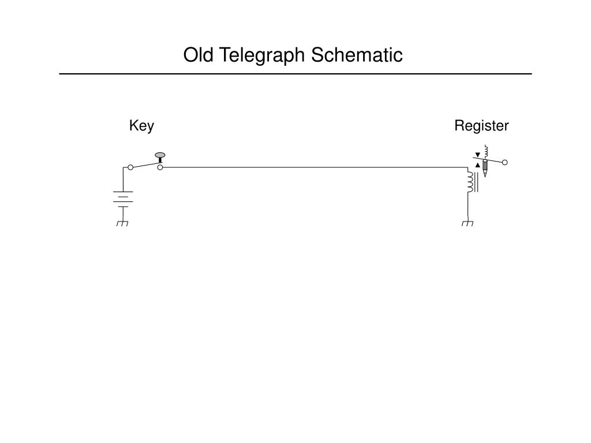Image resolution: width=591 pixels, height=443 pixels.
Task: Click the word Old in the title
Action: [199, 55]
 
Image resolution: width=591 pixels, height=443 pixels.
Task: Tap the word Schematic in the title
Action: [357, 55]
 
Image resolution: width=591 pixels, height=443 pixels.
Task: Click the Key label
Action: [141, 126]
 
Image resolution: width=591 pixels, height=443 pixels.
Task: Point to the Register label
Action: [481, 126]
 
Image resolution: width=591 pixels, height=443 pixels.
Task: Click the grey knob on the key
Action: [160, 155]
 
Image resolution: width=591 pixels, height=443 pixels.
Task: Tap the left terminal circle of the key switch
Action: [130, 167]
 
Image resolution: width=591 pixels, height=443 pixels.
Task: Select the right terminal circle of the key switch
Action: [160, 167]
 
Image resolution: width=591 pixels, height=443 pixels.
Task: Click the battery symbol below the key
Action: [123, 199]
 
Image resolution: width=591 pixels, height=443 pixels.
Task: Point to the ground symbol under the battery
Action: [122, 223]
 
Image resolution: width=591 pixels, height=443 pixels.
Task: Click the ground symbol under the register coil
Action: [467, 223]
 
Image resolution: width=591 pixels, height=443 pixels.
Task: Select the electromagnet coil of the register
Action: [471, 182]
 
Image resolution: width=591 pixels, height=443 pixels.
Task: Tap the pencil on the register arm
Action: [485, 168]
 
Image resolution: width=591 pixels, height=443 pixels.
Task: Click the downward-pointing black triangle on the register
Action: [477, 155]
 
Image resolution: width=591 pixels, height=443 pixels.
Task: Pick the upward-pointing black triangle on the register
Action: [478, 165]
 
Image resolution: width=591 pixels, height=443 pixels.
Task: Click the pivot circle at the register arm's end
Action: [504, 162]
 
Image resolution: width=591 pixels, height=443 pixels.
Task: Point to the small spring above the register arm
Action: [487, 151]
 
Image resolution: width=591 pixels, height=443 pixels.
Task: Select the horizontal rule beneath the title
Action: [295, 74]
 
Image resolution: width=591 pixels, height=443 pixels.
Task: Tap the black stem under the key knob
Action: [160, 160]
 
